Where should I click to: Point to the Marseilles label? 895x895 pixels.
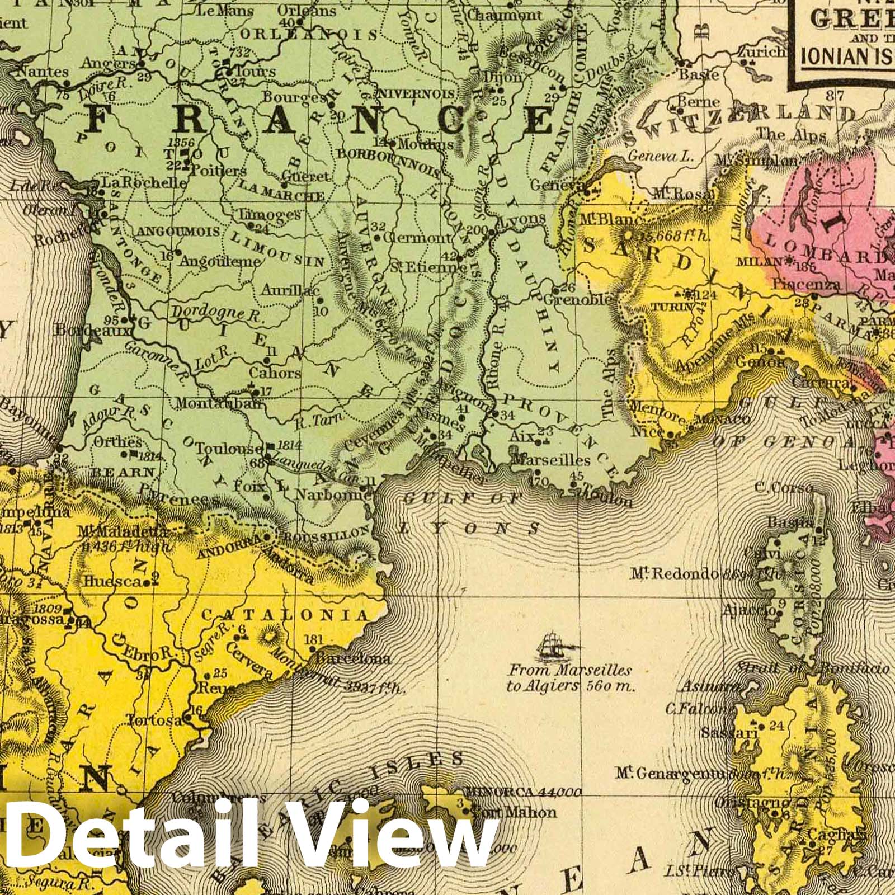[x=551, y=460]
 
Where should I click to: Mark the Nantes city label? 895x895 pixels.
[x=43, y=71]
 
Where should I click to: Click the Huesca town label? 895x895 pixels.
[x=109, y=582]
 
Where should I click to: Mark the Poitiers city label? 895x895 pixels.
[x=210, y=171]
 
